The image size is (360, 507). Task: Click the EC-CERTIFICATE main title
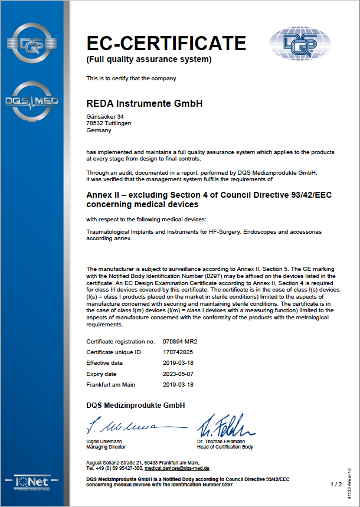tap(166, 43)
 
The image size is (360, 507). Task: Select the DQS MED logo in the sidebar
tap(34, 101)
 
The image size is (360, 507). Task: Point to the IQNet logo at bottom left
tap(34, 485)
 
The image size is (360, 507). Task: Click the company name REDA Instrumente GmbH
tap(144, 103)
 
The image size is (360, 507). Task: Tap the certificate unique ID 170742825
tap(178, 352)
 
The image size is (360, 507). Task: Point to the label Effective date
tap(105, 363)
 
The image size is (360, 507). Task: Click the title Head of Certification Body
tap(225, 447)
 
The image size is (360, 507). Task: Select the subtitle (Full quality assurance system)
tap(149, 60)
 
